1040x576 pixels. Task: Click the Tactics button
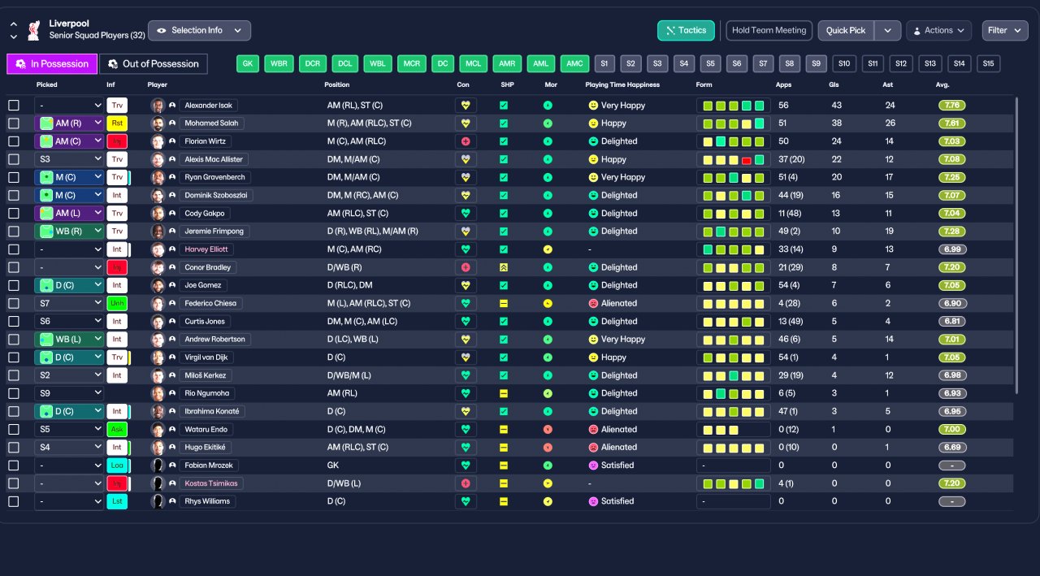[686, 31]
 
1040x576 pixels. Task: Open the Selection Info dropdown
[199, 31]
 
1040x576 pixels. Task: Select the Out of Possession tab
[154, 64]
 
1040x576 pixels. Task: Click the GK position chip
[248, 63]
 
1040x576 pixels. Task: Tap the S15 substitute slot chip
[988, 63]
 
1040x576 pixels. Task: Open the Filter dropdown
[1004, 31]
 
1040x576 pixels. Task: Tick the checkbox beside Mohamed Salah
[14, 123]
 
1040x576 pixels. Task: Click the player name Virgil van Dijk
[206, 357]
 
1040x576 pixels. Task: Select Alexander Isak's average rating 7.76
[951, 106]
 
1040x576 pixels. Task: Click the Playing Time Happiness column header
[622, 84]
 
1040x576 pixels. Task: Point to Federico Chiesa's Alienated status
[613, 303]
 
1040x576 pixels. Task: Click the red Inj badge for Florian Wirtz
[117, 141]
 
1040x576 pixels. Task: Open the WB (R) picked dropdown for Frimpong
[69, 232]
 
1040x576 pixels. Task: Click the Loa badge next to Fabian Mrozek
[117, 465]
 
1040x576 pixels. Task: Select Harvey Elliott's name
[206, 249]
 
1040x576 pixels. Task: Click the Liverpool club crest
[34, 31]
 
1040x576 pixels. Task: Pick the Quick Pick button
[846, 31]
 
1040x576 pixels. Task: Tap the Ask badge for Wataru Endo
[117, 429]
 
